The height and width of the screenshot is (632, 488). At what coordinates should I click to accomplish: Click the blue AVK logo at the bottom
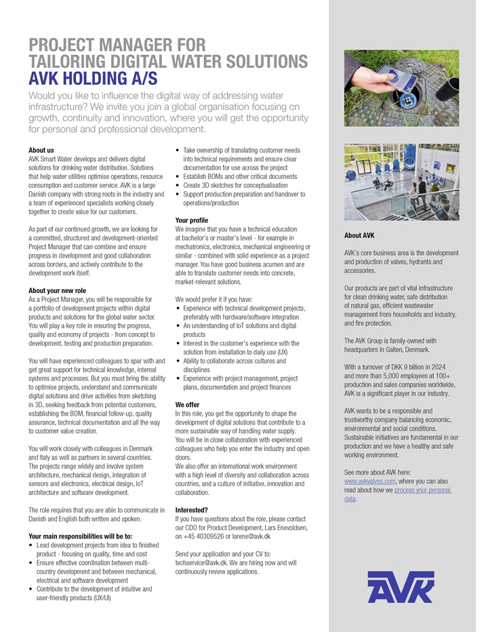click(x=401, y=587)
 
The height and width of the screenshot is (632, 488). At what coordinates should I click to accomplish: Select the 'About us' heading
click(x=41, y=150)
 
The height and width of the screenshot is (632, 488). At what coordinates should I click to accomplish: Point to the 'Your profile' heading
click(x=191, y=220)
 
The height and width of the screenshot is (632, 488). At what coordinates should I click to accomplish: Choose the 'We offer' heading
click(x=187, y=405)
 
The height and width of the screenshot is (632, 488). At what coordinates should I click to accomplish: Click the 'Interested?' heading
click(x=191, y=510)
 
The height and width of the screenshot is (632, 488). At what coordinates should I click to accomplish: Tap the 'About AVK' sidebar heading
click(x=359, y=236)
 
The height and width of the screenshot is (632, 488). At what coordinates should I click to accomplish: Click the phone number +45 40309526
click(x=206, y=536)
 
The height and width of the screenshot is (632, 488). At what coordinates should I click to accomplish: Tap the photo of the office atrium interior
click(x=401, y=181)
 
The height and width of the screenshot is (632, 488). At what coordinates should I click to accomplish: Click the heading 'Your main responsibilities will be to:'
click(x=80, y=536)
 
